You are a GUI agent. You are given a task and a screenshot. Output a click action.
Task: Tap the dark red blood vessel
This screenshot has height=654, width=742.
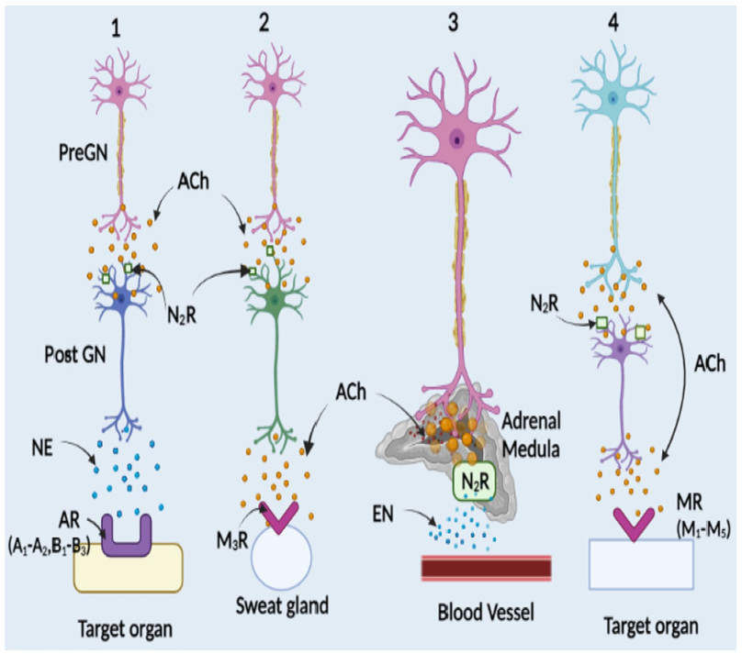click(486, 568)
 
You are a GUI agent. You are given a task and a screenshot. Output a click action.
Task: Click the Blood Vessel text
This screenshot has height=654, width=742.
click(485, 609)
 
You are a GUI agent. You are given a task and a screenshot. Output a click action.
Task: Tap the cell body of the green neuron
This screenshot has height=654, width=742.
click(275, 299)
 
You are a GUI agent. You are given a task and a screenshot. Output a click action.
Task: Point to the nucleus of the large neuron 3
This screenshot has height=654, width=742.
click(456, 140)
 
